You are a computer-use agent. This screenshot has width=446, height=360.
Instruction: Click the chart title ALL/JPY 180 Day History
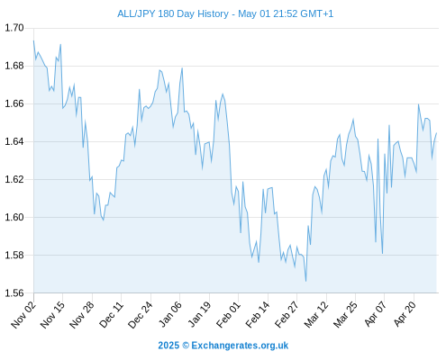[x=173, y=13]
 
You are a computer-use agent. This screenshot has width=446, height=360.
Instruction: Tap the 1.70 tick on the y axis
[x=14, y=28]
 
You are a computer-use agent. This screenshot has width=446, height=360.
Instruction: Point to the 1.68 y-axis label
[x=14, y=66]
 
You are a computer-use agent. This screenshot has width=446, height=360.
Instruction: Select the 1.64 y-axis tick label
[x=14, y=141]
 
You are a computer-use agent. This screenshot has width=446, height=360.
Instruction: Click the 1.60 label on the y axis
[x=14, y=217]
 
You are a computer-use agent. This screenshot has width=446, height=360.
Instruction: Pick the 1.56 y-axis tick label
[x=14, y=292]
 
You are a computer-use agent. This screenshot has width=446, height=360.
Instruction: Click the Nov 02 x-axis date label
[x=23, y=315]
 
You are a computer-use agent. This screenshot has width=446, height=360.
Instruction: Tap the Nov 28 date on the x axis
[x=82, y=315]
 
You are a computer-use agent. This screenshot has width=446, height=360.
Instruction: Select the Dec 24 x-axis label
[x=141, y=315]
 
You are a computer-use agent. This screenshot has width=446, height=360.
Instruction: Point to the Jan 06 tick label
[x=170, y=314]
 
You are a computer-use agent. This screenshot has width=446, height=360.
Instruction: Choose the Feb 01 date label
[x=229, y=315]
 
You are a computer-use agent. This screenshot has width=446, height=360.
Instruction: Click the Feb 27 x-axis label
[x=287, y=315]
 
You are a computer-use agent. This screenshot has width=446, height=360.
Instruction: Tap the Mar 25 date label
[x=345, y=315]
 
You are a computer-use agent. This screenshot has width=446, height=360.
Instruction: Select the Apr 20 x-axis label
[x=405, y=314]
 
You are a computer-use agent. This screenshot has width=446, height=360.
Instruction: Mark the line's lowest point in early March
[x=305, y=281]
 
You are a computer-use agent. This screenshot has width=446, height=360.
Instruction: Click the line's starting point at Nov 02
[x=33, y=40]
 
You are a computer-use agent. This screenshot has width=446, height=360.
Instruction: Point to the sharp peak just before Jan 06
[x=182, y=68]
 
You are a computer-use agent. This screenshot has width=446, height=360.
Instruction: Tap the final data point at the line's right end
[x=436, y=133]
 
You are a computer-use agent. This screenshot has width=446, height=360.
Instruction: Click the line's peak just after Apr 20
[x=418, y=104]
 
